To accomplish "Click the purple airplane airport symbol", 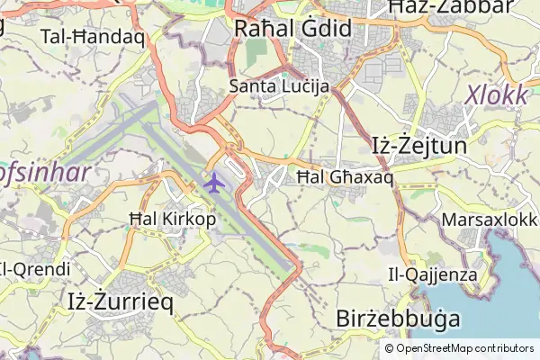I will tap(213, 182).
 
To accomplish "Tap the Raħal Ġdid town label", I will tap(292, 29).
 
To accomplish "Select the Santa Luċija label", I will tap(279, 86).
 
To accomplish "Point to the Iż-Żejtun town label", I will tap(418, 144).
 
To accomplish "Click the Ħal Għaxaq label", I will tap(345, 177).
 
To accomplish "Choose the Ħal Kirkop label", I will tap(172, 219).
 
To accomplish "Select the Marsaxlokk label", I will tap(490, 220).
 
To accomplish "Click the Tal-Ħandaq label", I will tap(93, 37).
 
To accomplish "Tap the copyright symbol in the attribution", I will tap(389, 348).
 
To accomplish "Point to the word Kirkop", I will tap(190, 219).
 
